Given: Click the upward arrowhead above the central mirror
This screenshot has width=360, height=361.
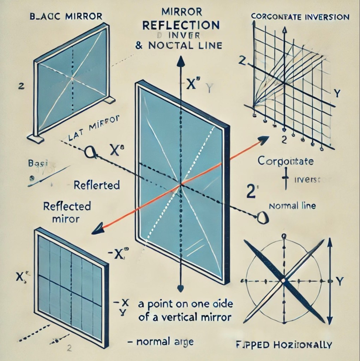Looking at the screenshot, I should [x=180, y=62].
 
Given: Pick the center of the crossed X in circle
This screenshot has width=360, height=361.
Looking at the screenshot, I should [x=283, y=281].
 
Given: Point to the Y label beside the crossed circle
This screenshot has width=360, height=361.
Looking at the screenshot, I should [x=340, y=281].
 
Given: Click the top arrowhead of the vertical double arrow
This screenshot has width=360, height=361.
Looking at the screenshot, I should [x=330, y=242].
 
